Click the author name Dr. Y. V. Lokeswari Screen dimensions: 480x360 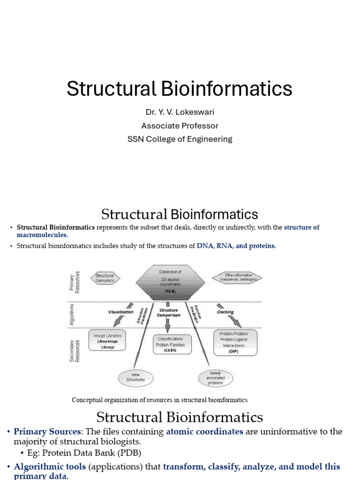(x=180, y=112)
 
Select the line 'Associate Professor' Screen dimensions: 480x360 (x=180, y=126)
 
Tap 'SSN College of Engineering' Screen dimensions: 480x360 (x=180, y=139)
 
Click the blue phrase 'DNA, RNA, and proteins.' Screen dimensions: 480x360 (x=236, y=246)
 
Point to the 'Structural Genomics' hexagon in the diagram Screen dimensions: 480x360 (x=105, y=278)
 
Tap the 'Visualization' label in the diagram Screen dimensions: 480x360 (x=120, y=312)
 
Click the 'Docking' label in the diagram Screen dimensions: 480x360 (x=225, y=312)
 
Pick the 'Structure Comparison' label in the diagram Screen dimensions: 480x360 (x=168, y=313)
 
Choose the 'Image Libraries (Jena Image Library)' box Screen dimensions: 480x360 (x=107, y=341)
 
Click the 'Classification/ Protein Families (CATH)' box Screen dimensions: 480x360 (x=170, y=345)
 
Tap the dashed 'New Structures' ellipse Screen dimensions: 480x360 (x=135, y=377)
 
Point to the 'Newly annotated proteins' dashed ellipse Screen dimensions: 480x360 (x=216, y=377)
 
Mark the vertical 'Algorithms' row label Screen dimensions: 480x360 (x=72, y=314)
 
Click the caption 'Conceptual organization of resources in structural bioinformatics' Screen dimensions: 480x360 (x=159, y=400)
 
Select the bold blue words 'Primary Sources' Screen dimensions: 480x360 (x=47, y=432)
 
